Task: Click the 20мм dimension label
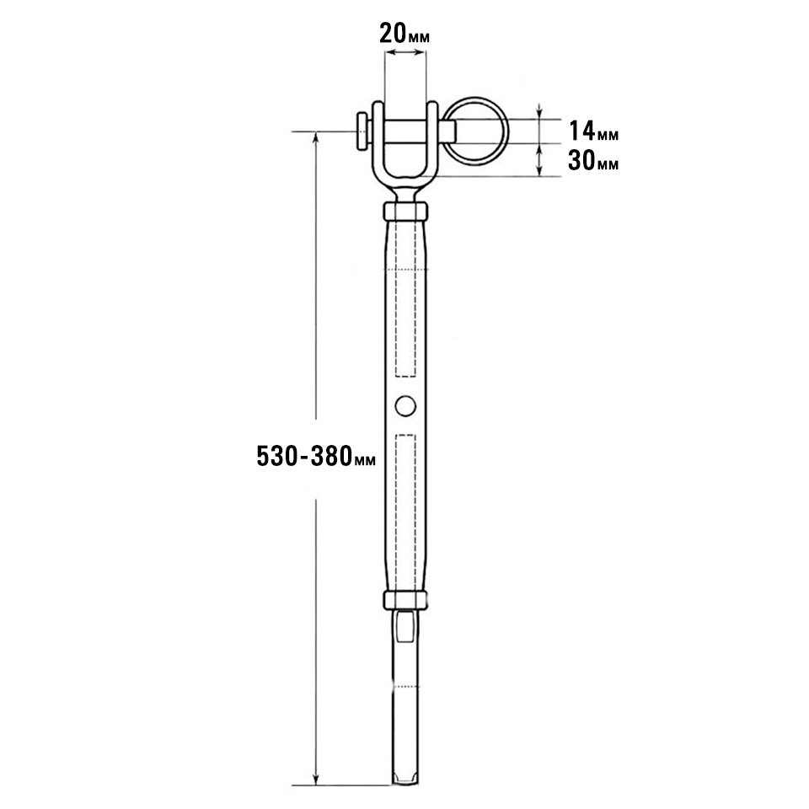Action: [x=404, y=34]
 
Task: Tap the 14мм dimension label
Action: [x=593, y=131]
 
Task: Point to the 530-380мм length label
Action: [x=316, y=456]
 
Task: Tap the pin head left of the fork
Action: [x=363, y=131]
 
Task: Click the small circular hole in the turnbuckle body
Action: [x=405, y=406]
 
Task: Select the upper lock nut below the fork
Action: [x=405, y=211]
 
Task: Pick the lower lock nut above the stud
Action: [x=405, y=599]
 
